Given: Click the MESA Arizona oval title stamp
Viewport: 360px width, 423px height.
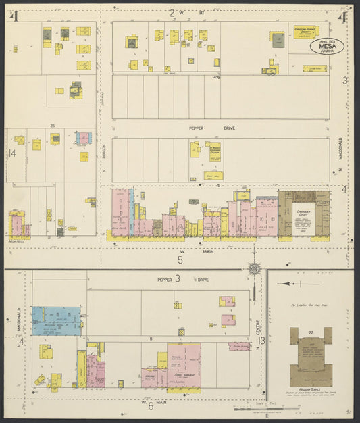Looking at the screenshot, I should pyautogui.click(x=327, y=45).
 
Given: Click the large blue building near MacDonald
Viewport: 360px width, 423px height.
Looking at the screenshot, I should pyautogui.click(x=56, y=322).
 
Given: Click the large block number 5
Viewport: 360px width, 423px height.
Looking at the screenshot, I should pyautogui.click(x=180, y=259).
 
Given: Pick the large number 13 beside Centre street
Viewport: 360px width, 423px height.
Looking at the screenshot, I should pyautogui.click(x=261, y=341).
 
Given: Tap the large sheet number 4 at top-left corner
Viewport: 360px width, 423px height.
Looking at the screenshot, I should pyautogui.click(x=13, y=16).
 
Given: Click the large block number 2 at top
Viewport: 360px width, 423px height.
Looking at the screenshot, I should pyautogui.click(x=172, y=12).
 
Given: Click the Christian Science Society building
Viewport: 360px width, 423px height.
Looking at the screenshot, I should pyautogui.click(x=305, y=32).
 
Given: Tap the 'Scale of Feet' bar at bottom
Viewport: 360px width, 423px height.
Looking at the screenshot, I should pyautogui.click(x=260, y=407).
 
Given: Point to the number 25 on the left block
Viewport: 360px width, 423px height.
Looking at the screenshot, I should pyautogui.click(x=52, y=126).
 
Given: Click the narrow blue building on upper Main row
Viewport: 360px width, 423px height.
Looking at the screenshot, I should pyautogui.click(x=132, y=203).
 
